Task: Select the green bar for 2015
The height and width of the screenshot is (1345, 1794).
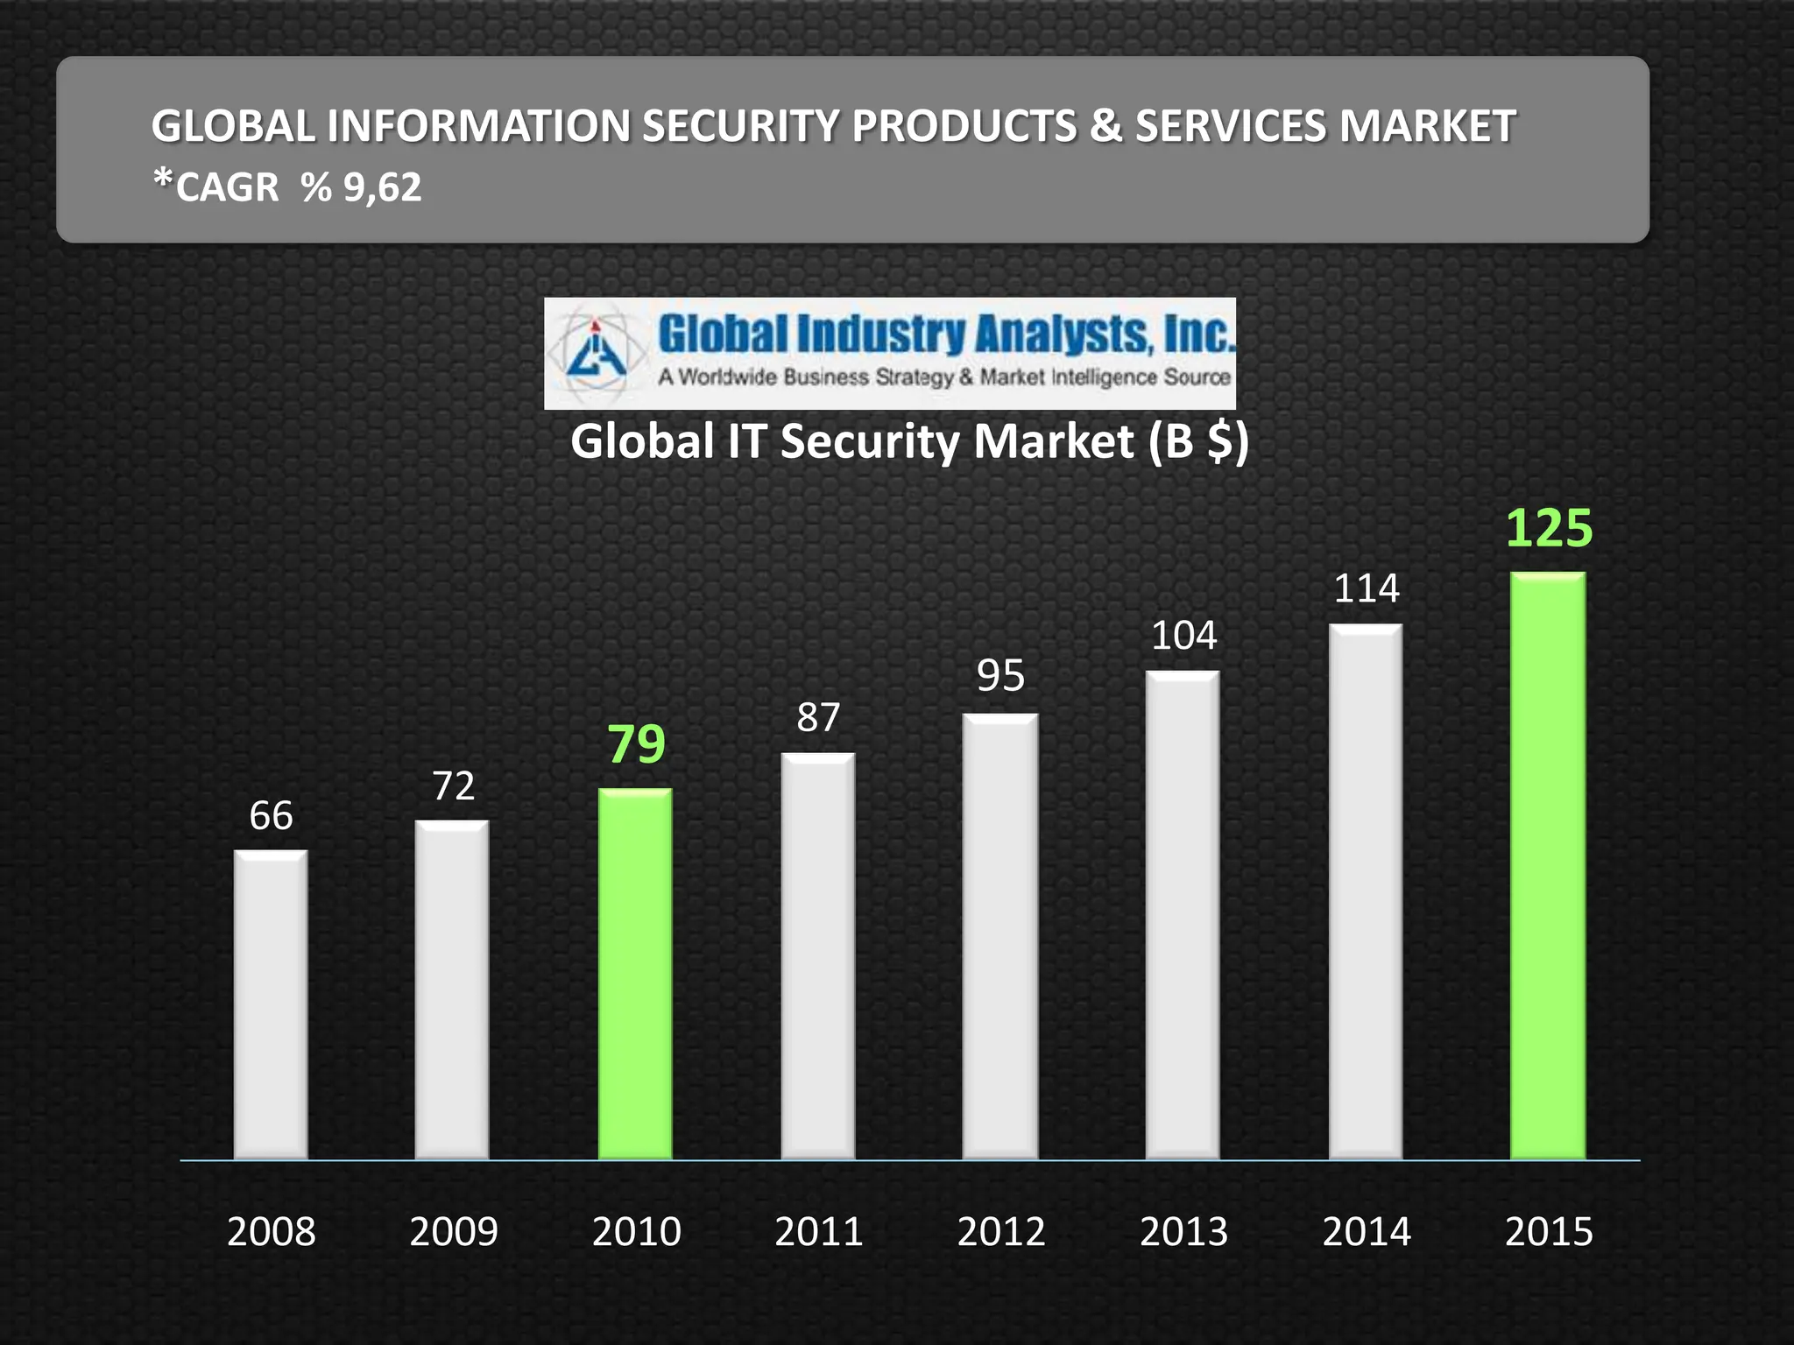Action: click(1548, 867)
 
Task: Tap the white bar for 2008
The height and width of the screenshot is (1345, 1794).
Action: click(271, 1004)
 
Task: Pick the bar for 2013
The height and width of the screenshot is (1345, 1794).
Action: click(1183, 915)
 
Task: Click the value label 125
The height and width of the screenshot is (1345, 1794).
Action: click(1549, 529)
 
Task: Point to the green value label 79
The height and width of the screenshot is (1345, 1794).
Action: click(637, 744)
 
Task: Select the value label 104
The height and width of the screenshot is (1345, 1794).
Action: click(1183, 636)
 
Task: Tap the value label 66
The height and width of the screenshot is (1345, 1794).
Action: click(271, 816)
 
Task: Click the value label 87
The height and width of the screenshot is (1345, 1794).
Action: click(818, 718)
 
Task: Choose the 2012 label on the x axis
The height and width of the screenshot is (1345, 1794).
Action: click(1001, 1232)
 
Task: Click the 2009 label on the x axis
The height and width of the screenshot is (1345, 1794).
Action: click(454, 1232)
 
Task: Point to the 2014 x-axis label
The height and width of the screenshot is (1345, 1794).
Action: click(1367, 1232)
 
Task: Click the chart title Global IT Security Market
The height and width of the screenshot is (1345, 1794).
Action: click(908, 441)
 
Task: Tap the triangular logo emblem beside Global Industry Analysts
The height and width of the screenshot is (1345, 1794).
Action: click(596, 353)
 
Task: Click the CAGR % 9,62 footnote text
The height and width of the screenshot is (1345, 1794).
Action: click(287, 187)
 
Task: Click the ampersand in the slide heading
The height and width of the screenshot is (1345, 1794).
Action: click(1106, 126)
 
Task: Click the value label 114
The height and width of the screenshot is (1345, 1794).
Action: click(1367, 588)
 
